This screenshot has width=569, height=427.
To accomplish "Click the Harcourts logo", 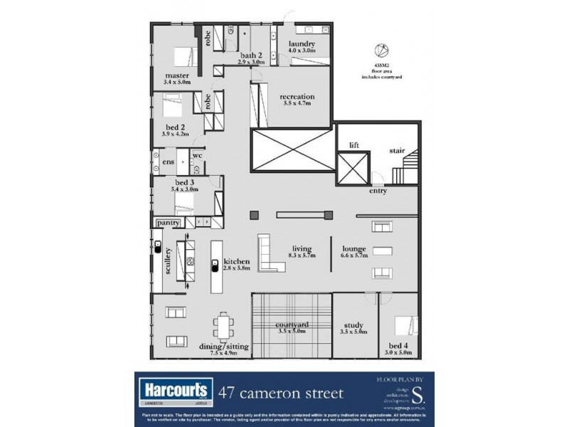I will (x=171, y=390).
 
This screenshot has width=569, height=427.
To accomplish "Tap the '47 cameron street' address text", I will (x=281, y=393).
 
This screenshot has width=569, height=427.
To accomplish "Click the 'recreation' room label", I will (x=297, y=97).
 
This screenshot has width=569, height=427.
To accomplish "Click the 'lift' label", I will (x=354, y=145).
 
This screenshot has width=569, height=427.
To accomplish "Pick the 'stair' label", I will (x=397, y=150).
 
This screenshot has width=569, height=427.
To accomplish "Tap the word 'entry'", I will (x=378, y=191).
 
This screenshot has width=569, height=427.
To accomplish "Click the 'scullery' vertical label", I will (x=168, y=260).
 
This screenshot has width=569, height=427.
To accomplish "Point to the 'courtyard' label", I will (x=291, y=325).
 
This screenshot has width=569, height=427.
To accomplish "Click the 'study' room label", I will (x=353, y=325).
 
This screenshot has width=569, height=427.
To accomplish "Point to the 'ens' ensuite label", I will (x=168, y=162).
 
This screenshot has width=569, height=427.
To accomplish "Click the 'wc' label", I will (x=197, y=154).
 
